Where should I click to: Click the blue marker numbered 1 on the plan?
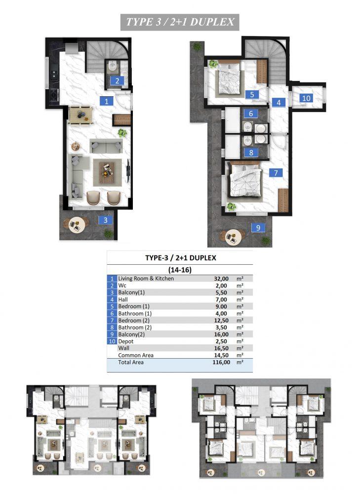pos(107,101)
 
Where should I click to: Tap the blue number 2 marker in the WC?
pos(117,81)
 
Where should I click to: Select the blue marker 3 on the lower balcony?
pos(106,220)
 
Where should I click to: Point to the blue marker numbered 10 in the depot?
pos(306,98)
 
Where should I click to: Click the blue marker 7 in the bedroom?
pos(276,172)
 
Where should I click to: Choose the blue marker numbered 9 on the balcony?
pos(258,227)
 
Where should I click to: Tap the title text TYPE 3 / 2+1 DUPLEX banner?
pos(180,22)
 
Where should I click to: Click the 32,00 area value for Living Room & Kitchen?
pos(221,279)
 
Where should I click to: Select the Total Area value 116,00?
pos(221,362)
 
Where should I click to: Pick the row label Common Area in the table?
pos(136,355)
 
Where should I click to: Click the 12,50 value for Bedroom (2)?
pos(221,321)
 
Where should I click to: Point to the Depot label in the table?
pos(125,341)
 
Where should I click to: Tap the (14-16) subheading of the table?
pos(180,270)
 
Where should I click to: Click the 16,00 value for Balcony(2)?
pos(221,334)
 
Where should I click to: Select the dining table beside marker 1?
pos(81,115)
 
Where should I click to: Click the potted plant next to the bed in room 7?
pos(232,206)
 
